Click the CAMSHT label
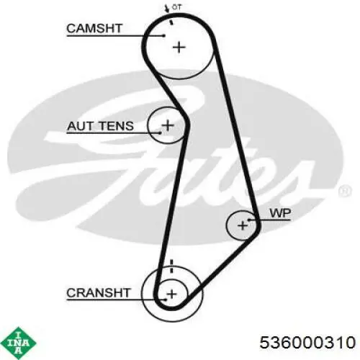(x=94, y=29)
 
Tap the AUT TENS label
(x=100, y=126)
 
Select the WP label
(x=280, y=213)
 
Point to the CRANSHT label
(x=99, y=293)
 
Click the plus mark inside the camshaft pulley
(x=179, y=48)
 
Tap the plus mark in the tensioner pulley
(x=168, y=125)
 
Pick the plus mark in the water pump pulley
(x=243, y=225)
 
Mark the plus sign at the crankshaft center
(x=171, y=294)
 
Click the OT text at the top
(x=176, y=7)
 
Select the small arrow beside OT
(x=166, y=9)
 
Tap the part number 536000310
(x=307, y=342)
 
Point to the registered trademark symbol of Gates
(x=345, y=192)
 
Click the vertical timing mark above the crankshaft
(x=171, y=266)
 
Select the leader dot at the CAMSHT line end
(x=164, y=36)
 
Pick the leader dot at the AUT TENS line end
(x=160, y=132)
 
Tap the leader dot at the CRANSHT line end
(x=166, y=300)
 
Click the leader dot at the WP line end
(x=249, y=220)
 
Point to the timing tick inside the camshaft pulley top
(x=171, y=22)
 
